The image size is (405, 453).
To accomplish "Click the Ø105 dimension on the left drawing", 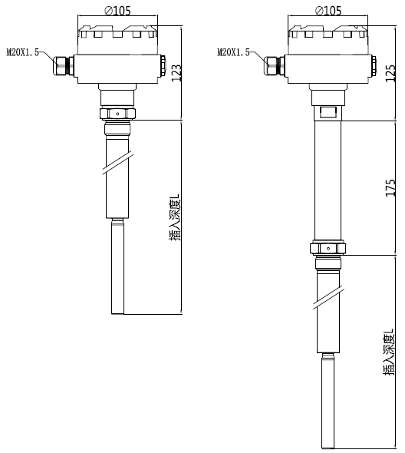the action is [117, 11].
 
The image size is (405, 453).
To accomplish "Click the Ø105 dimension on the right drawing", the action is [328, 11].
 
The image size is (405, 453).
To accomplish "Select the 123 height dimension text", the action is [176, 72].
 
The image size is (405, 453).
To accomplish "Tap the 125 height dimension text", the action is [390, 73].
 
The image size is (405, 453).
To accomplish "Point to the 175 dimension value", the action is [390, 188].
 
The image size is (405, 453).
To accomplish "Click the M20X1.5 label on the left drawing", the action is [23, 52].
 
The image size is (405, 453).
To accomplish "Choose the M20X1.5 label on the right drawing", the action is [233, 52].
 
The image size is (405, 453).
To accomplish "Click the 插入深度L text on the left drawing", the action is [175, 217].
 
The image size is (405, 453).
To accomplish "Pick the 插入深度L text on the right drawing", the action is [389, 352].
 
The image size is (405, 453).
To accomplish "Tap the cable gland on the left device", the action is [63, 66].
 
